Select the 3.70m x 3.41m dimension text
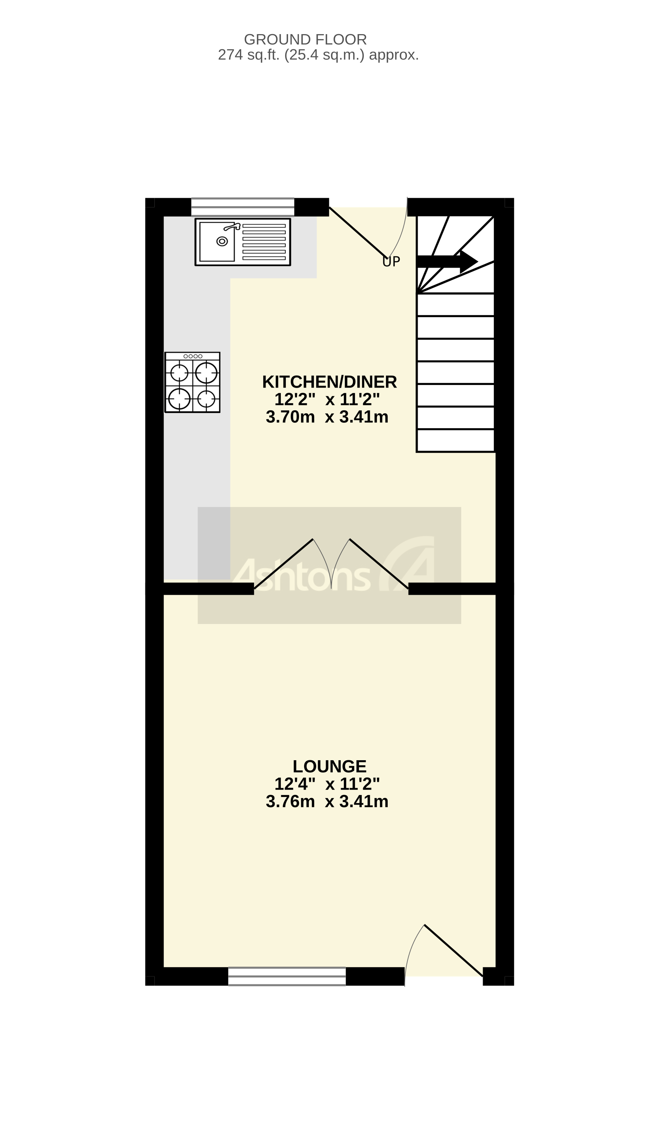pos(327,417)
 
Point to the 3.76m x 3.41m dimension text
pos(327,802)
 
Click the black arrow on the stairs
pos(446,262)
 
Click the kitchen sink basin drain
pos(222,241)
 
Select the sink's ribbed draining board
pos(264,242)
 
